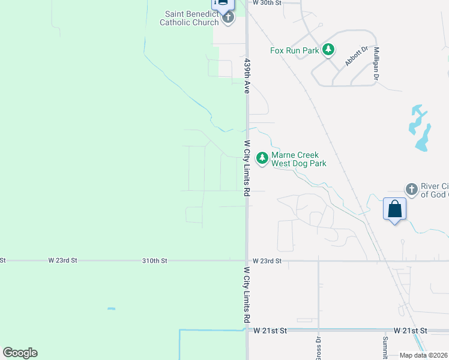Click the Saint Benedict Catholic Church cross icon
coord(228,17)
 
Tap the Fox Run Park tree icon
coord(328,50)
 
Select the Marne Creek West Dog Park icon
coord(262,158)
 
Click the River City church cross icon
coord(411,190)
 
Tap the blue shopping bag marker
coord(395,209)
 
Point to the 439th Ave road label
coord(246,75)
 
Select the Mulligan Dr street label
coord(376,64)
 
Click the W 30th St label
coord(267,3)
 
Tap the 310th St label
coord(154,261)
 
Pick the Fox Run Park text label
coord(294,50)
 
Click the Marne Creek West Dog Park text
coord(298,159)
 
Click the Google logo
coord(20,353)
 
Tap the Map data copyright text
coord(424,355)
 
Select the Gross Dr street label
coord(318,347)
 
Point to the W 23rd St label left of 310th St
coord(63,261)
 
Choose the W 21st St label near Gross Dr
coord(270,331)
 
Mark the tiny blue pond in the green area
coord(111,309)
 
